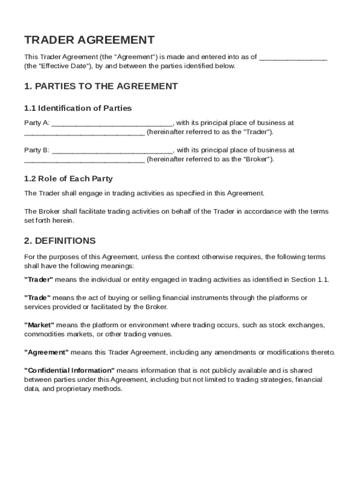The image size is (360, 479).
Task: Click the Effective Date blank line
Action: (x=293, y=58)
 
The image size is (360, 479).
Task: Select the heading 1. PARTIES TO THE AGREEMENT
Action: (x=101, y=86)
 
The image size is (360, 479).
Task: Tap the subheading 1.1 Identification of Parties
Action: (x=78, y=108)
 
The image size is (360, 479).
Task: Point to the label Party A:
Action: (x=36, y=123)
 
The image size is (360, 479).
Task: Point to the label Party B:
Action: (x=36, y=151)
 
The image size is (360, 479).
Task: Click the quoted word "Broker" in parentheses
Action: (x=257, y=159)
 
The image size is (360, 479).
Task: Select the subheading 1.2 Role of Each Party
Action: (x=68, y=179)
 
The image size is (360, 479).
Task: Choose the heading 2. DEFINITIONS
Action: (x=60, y=241)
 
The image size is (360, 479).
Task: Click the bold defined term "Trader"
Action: (x=39, y=280)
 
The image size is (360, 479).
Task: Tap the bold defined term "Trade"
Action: (x=37, y=298)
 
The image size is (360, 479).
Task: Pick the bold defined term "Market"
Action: (x=39, y=325)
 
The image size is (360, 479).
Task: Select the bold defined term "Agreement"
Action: (x=46, y=352)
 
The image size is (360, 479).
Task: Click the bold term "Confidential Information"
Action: (x=69, y=370)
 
